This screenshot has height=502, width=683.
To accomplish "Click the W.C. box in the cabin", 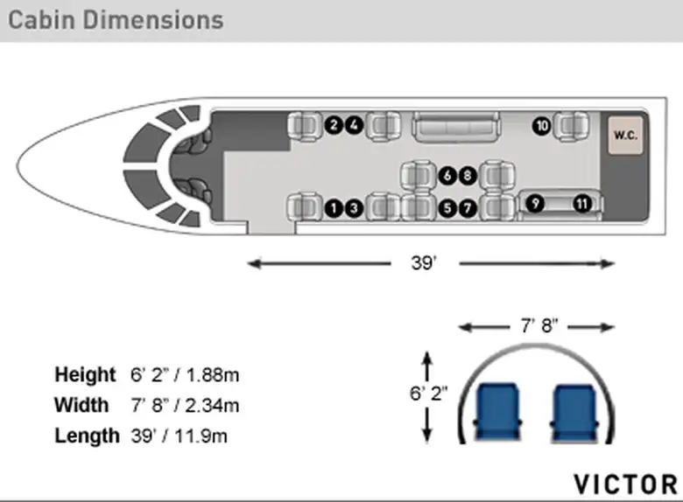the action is [x=625, y=135].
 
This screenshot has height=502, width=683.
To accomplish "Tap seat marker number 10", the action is [x=541, y=126].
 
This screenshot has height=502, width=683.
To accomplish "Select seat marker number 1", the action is [x=334, y=208].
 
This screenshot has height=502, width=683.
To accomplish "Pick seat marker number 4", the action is [x=354, y=125].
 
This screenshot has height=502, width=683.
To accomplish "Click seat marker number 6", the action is [x=447, y=176].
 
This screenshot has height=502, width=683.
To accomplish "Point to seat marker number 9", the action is [x=535, y=204].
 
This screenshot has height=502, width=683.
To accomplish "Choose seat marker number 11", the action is [x=582, y=204].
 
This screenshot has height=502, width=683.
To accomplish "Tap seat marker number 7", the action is [x=468, y=208].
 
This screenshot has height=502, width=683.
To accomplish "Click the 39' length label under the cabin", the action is [x=424, y=262].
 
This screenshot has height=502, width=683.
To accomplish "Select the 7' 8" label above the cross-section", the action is [x=539, y=325].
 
